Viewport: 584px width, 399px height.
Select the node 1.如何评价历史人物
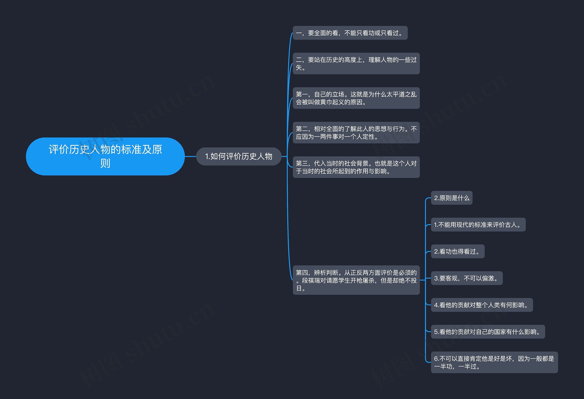[238, 156]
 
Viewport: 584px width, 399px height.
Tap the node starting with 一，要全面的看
[350, 33]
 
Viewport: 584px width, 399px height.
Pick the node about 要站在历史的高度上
[356, 63]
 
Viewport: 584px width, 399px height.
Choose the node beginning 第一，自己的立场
[356, 98]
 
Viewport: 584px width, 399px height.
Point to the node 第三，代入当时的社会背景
[356, 167]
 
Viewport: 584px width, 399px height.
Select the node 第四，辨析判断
[356, 280]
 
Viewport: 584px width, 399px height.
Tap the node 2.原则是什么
[451, 198]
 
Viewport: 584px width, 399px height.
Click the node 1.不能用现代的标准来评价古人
[478, 225]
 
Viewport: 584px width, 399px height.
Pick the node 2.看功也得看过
[457, 251]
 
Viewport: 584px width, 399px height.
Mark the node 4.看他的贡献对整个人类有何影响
[482, 305]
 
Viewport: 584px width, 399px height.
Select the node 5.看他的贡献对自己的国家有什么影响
[488, 332]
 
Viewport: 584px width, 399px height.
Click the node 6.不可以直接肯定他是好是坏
[494, 362]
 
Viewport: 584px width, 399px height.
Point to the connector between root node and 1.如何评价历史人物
[190, 156]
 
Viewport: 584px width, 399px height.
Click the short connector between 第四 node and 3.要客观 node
[422, 280]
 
